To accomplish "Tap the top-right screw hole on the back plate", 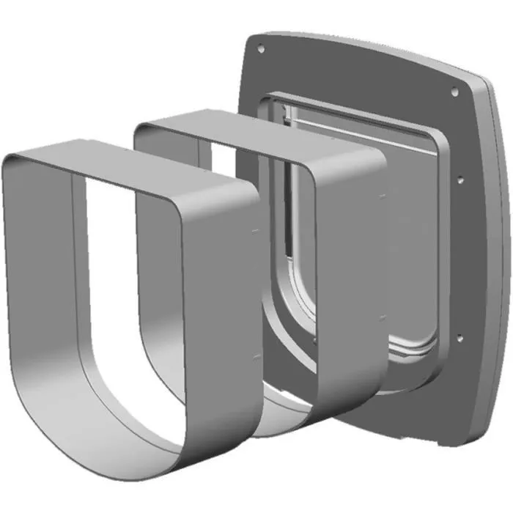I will tap(454, 92).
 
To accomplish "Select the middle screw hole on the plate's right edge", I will tap(460, 178).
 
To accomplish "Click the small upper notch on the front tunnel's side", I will tap(254, 230).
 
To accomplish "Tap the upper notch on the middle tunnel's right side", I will tap(383, 196).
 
